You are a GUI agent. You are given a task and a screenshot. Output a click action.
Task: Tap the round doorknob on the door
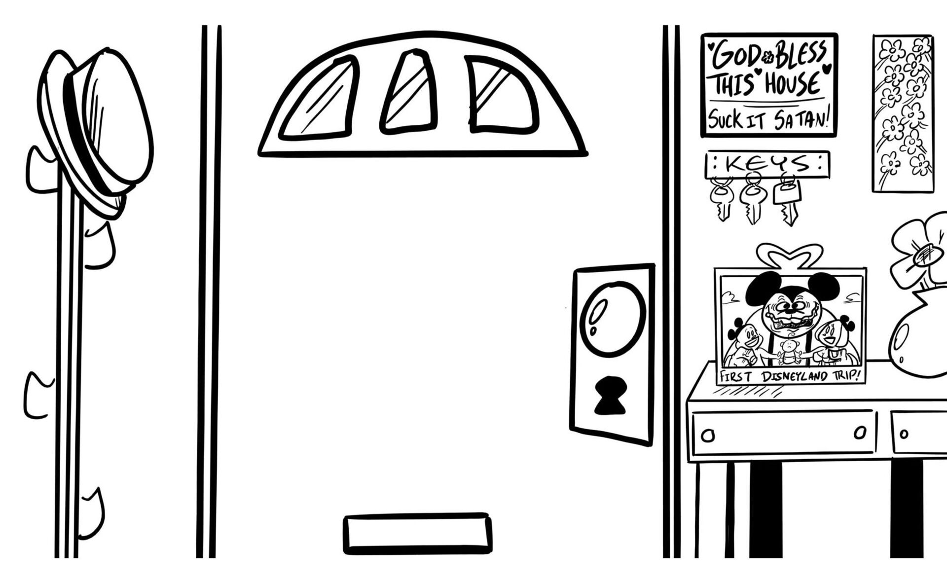[x=612, y=318]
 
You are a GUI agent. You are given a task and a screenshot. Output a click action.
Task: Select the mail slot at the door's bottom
[x=417, y=534]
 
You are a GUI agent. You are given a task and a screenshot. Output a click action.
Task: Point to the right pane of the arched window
[x=501, y=96]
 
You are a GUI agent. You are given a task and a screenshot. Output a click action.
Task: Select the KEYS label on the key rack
[x=767, y=163]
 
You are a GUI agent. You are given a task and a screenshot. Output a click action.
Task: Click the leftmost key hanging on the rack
[x=722, y=200]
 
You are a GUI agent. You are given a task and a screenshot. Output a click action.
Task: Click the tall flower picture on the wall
[x=903, y=113]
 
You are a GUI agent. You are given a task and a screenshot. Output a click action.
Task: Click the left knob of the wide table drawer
[x=708, y=436]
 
